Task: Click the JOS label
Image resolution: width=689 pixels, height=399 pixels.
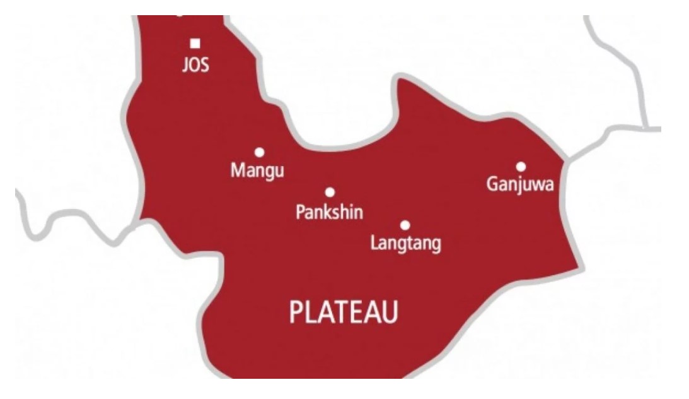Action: tap(195, 65)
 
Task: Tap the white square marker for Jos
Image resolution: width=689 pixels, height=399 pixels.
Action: tap(195, 44)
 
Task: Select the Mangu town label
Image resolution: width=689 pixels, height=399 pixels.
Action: tap(257, 170)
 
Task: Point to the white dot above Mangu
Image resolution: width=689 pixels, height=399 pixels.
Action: tap(259, 152)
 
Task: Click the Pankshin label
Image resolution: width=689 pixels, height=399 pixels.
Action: tap(329, 212)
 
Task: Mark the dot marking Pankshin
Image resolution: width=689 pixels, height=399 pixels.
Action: tap(330, 192)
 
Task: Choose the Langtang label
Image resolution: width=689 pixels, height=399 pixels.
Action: tap(405, 244)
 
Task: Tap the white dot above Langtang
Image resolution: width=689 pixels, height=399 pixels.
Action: tap(405, 225)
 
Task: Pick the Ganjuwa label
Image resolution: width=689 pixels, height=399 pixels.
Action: tap(520, 185)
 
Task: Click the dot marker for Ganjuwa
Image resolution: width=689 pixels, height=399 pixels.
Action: tap(521, 167)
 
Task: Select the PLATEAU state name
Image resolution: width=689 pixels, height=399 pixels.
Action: tap(344, 313)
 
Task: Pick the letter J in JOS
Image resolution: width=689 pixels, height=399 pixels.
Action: tap(185, 65)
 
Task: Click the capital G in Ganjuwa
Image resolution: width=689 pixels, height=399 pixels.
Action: tap(492, 184)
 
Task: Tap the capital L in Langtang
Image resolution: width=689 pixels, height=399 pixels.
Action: tap(374, 242)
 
